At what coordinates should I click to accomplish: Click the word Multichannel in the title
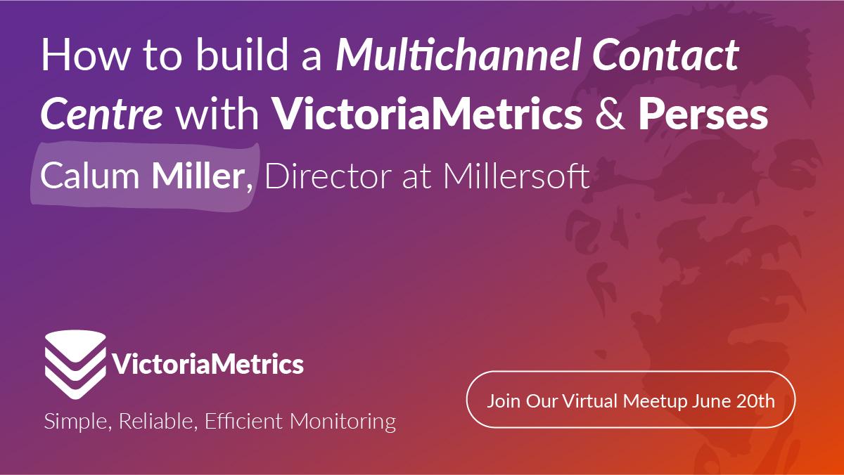click(x=457, y=55)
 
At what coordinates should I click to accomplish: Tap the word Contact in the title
click(x=665, y=55)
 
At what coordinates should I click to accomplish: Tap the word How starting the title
click(x=85, y=55)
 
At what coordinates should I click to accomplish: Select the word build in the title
click(x=242, y=54)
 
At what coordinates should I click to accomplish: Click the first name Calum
click(x=90, y=176)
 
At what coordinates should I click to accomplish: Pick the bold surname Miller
click(x=198, y=176)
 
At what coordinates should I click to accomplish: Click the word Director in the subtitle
click(x=329, y=176)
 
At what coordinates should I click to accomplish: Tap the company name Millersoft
click(x=516, y=176)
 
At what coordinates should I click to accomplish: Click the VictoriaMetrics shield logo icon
click(x=75, y=365)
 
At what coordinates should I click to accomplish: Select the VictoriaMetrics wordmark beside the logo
click(x=208, y=364)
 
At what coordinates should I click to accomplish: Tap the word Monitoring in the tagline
click(x=343, y=422)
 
